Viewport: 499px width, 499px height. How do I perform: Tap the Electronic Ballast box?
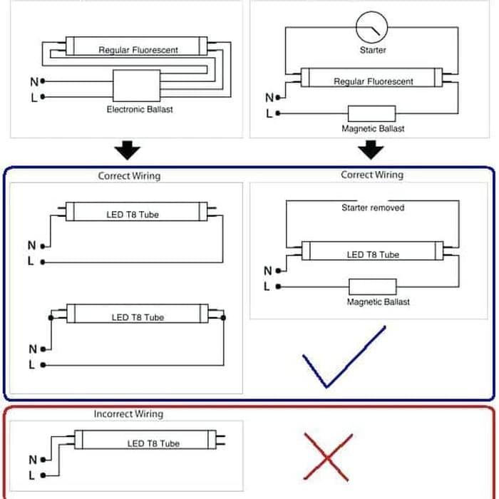(137, 86)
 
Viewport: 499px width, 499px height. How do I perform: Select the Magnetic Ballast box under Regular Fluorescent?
(371, 113)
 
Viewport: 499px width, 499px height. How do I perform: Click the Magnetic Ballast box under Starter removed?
(373, 287)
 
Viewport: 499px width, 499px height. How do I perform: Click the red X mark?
(328, 458)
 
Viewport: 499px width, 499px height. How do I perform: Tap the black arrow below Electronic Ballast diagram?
(128, 150)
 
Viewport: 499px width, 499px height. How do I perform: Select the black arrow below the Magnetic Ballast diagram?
(371, 150)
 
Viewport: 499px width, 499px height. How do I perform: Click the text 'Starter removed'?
(373, 208)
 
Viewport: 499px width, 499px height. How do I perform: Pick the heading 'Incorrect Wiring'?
(128, 413)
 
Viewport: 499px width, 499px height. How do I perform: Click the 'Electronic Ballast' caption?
(140, 110)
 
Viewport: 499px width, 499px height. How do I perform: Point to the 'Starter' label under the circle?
(373, 50)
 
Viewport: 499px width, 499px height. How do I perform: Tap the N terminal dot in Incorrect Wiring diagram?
(43, 460)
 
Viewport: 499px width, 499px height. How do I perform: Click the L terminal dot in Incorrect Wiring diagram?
(43, 475)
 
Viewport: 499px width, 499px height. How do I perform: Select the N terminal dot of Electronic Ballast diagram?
(43, 81)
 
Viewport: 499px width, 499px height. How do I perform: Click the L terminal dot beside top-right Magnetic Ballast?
(278, 113)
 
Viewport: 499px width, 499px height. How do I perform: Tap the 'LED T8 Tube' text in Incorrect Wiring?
(153, 443)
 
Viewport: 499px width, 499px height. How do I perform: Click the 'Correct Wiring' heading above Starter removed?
(372, 175)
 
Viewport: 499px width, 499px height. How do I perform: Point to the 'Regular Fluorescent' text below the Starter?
(374, 81)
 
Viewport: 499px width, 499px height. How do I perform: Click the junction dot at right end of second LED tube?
(223, 318)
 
